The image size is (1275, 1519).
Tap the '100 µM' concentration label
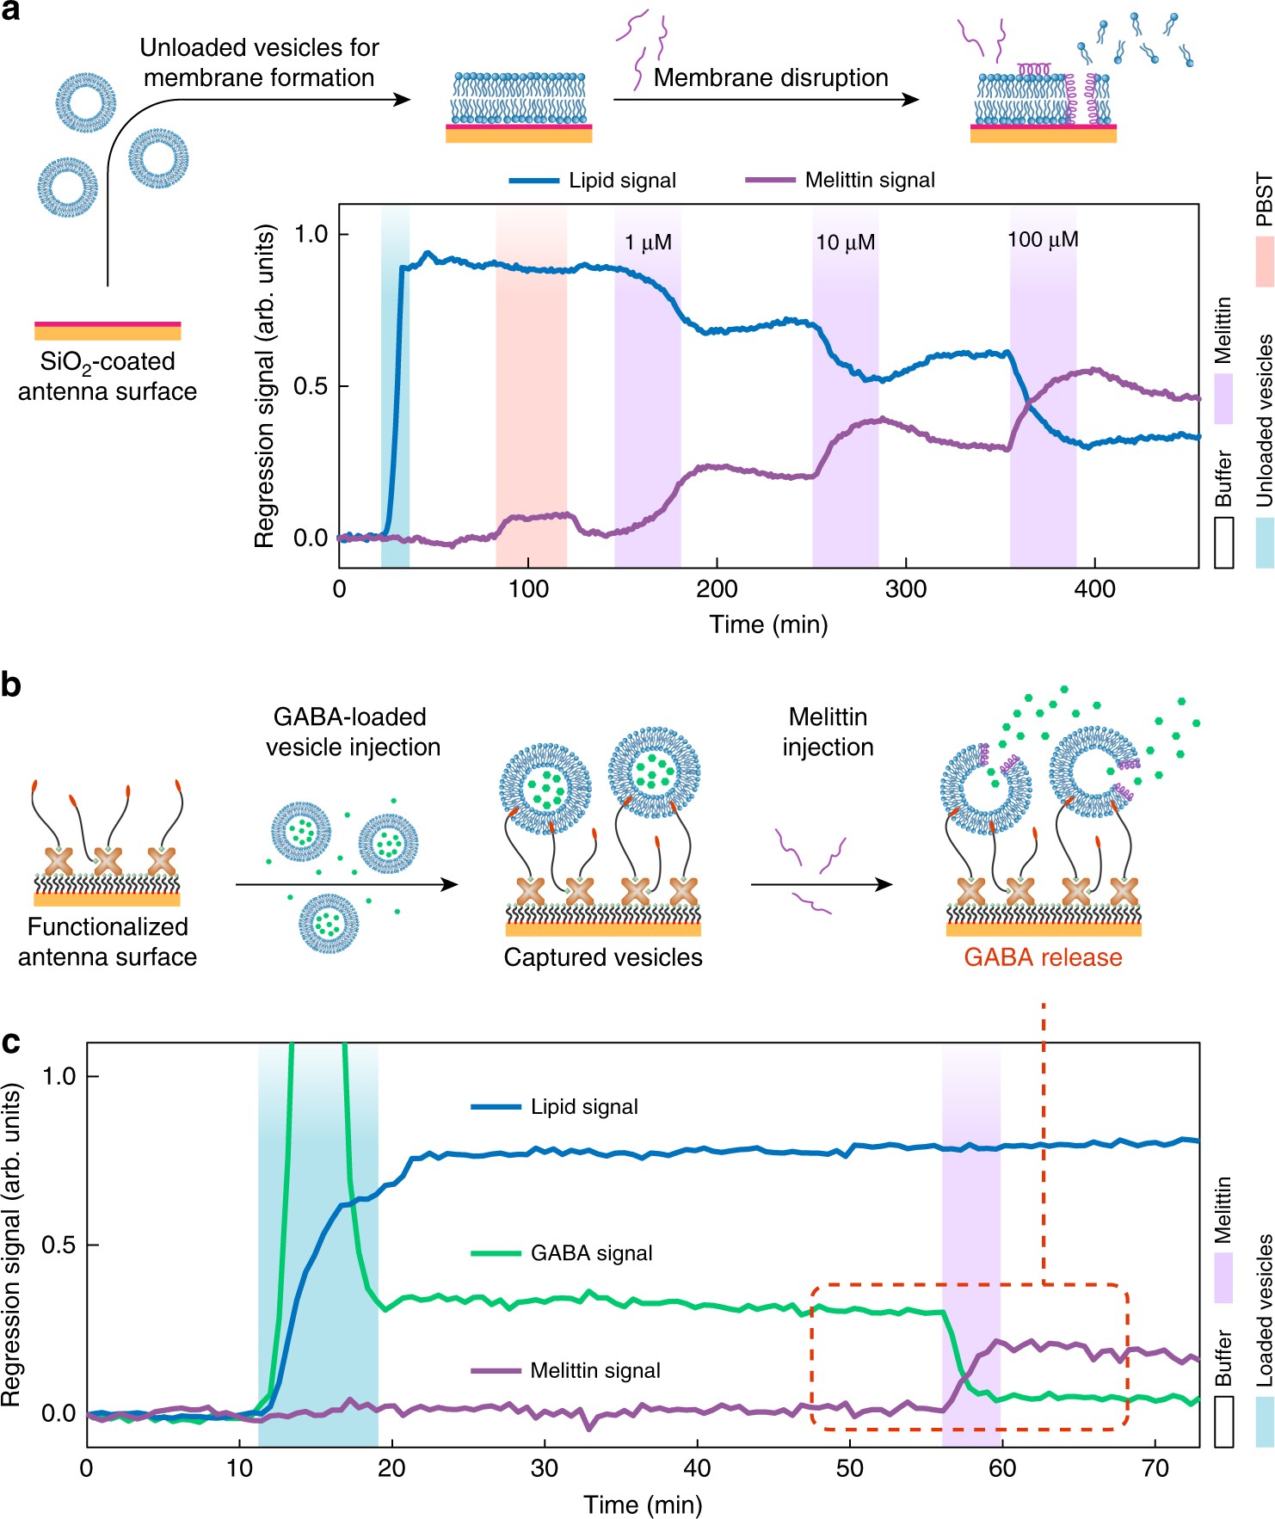coord(1043,240)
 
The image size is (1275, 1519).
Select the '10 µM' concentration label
coord(845,243)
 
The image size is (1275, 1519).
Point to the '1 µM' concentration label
coord(648,243)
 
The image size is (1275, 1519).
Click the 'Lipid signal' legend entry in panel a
coord(622,181)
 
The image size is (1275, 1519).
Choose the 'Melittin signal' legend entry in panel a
coord(870,181)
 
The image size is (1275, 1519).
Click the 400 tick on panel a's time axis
coord(1094,590)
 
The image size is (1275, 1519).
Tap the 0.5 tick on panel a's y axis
coord(311,386)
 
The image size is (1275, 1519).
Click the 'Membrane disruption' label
coord(771,78)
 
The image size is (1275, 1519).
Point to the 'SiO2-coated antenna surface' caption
coord(108,377)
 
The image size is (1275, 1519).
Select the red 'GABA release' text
coord(1043,957)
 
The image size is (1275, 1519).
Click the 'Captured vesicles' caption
coord(603,957)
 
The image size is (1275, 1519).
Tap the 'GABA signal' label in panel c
coord(591,1253)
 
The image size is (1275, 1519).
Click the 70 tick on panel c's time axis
coord(1155,1467)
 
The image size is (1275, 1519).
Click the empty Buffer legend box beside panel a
coord(1223,542)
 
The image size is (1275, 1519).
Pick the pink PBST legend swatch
coord(1264,261)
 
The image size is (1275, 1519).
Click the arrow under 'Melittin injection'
coord(822,884)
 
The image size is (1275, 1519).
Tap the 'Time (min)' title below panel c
coord(643,1504)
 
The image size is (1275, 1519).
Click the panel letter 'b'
coord(12,686)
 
